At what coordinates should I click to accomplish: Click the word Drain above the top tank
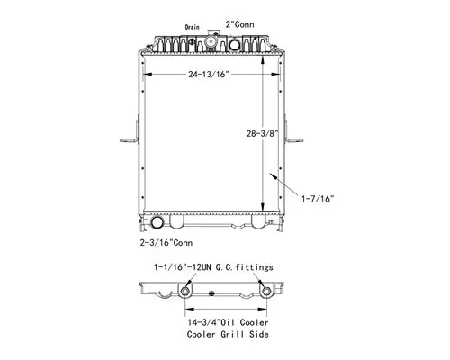click(192, 28)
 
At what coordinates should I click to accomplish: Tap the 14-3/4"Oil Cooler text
click(225, 321)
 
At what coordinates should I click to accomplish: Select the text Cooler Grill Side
click(226, 333)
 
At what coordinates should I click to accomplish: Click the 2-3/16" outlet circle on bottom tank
click(160, 222)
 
